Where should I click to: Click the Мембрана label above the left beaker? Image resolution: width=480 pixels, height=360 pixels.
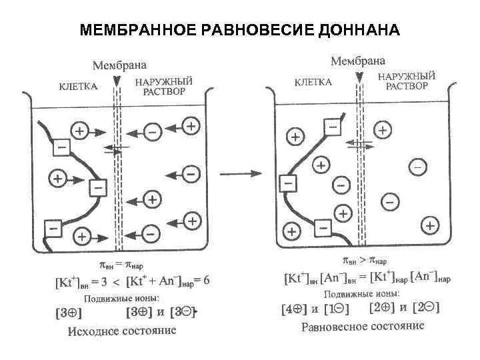pyautogui.click(x=119, y=65)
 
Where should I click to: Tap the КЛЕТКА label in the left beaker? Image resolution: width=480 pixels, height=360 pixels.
pyautogui.click(x=79, y=86)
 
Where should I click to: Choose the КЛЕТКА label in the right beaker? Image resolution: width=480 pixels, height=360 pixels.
pyautogui.click(x=312, y=83)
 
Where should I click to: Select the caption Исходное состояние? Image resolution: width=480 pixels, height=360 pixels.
pyautogui.click(x=123, y=331)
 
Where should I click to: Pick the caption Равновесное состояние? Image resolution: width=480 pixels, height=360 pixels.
pyautogui.click(x=363, y=326)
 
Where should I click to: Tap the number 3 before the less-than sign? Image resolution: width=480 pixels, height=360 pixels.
pyautogui.click(x=114, y=282)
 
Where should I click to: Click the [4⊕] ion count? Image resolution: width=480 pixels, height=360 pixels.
pyautogui.click(x=294, y=310)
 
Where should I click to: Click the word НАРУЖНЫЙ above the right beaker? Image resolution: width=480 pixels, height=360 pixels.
pyautogui.click(x=407, y=77)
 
